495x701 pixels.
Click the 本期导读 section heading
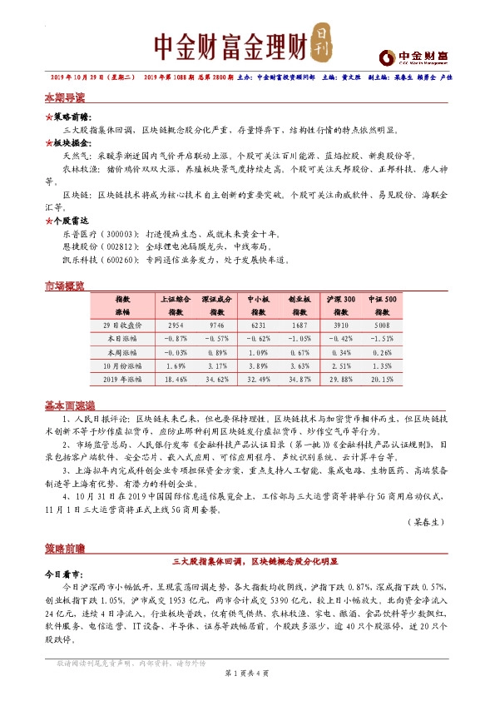coord(65,97)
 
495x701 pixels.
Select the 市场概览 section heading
coord(65,286)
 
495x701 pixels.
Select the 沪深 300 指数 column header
coord(340,304)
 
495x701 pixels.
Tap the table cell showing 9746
coord(218,325)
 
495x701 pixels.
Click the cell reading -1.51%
coord(381,338)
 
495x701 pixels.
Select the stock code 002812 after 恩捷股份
coord(110,247)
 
